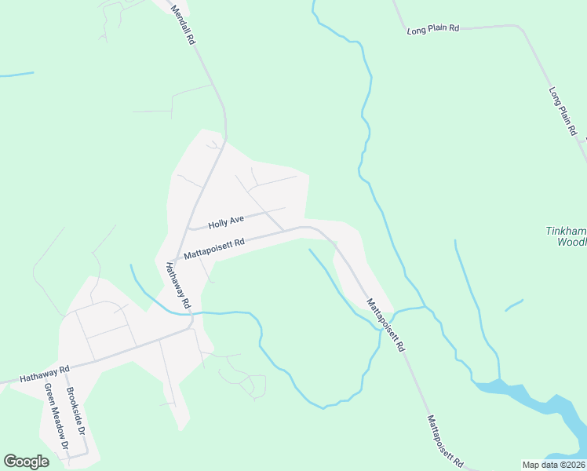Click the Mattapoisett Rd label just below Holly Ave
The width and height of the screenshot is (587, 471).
click(x=214, y=248)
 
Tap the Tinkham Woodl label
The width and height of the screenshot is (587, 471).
click(x=565, y=236)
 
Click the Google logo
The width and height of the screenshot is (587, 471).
click(x=27, y=462)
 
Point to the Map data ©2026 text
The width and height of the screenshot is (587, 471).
click(x=554, y=465)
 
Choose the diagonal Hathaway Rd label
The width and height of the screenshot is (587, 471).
click(x=177, y=284)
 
